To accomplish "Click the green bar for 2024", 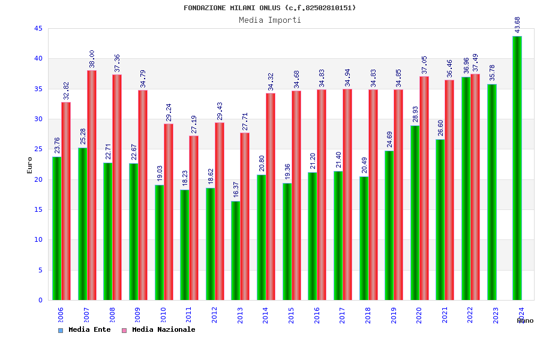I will click(517, 168).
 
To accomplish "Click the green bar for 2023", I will click(492, 192).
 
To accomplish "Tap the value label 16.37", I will click(236, 190).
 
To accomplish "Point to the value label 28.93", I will click(415, 114).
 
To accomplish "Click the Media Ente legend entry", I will click(85, 330).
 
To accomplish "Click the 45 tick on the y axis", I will click(38, 29).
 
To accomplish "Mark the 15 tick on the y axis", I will click(38, 210).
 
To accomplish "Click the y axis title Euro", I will click(30, 165).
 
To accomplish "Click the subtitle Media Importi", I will click(270, 20).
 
